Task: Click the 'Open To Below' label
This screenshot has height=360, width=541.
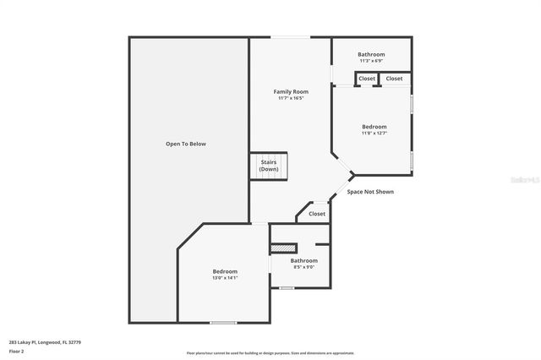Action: (185, 144)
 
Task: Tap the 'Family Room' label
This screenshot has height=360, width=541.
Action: (290, 91)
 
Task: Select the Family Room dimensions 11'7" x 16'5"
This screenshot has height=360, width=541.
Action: (290, 98)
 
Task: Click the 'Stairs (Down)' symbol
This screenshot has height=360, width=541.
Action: (269, 166)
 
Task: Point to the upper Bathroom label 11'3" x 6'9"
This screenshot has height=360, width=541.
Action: (370, 57)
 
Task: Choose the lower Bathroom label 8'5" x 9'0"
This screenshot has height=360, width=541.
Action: (303, 264)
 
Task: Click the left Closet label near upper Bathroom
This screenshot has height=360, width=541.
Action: (367, 79)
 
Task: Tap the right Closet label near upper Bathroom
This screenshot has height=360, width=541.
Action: (394, 79)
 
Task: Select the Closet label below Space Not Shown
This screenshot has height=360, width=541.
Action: (317, 214)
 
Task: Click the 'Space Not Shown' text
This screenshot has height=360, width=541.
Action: (370, 192)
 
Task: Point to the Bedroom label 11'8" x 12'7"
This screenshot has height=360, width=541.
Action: (374, 129)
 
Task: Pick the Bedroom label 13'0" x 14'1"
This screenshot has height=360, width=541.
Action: (225, 274)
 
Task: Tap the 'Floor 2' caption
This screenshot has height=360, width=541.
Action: (17, 351)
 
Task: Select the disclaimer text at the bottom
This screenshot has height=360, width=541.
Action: (270, 353)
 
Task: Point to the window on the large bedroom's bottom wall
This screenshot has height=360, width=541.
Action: (223, 322)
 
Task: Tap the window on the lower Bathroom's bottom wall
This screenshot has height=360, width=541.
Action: (287, 288)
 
